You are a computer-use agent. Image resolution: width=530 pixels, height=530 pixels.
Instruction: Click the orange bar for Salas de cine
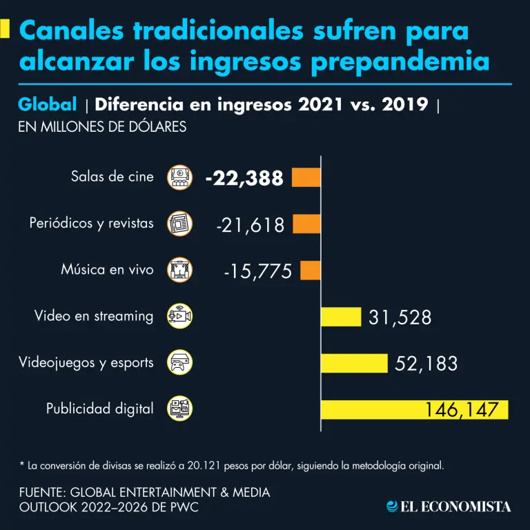tap(306, 177)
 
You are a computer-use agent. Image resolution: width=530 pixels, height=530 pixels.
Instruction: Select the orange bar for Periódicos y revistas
tap(306, 224)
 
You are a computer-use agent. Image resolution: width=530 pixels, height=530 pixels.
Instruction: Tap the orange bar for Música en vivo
tap(311, 270)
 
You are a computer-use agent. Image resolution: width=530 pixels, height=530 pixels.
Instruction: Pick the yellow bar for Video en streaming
tap(341, 317)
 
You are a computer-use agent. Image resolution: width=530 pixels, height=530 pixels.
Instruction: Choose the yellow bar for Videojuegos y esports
tap(354, 363)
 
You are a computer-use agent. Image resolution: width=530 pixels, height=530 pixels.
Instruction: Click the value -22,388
tap(244, 178)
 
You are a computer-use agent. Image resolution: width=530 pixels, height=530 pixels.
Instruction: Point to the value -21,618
tap(250, 224)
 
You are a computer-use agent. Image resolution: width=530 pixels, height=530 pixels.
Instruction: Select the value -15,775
tap(257, 271)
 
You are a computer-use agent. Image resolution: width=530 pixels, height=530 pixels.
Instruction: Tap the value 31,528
tap(400, 317)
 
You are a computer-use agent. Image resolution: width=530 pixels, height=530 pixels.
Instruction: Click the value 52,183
tap(426, 364)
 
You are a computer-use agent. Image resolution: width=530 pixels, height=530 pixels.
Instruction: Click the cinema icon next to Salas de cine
tap(180, 177)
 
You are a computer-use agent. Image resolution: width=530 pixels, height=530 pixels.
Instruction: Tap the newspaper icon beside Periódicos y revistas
tap(180, 224)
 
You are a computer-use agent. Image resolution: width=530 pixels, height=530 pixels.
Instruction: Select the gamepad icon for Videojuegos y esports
tap(180, 362)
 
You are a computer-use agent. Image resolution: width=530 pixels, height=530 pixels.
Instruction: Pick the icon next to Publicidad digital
tap(180, 409)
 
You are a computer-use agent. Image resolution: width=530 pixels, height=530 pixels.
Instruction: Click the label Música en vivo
tap(107, 270)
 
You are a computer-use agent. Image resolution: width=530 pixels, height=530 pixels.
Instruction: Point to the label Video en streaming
tap(94, 316)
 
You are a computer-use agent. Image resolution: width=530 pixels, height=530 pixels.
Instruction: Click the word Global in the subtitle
tap(47, 105)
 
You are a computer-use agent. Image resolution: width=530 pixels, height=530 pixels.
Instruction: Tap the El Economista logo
tap(449, 507)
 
